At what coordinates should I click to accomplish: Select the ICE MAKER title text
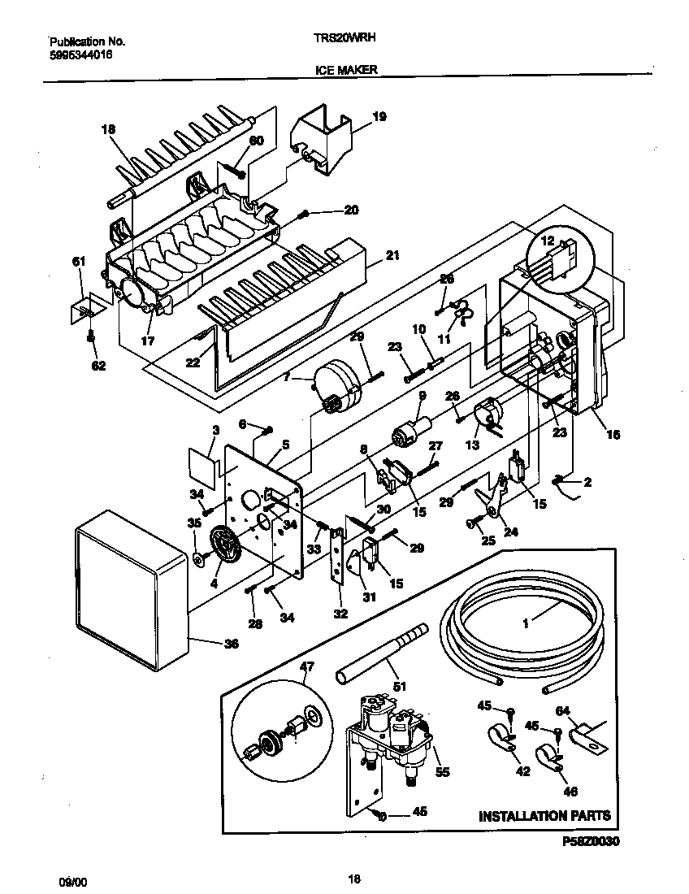[x=345, y=71]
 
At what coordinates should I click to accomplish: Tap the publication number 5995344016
[x=80, y=54]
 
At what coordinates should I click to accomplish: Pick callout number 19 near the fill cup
[x=379, y=117]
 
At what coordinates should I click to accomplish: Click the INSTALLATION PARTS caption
[x=544, y=815]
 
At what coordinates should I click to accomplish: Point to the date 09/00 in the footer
[x=71, y=879]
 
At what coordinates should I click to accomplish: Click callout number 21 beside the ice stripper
[x=392, y=255]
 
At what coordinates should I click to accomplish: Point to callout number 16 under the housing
[x=613, y=435]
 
